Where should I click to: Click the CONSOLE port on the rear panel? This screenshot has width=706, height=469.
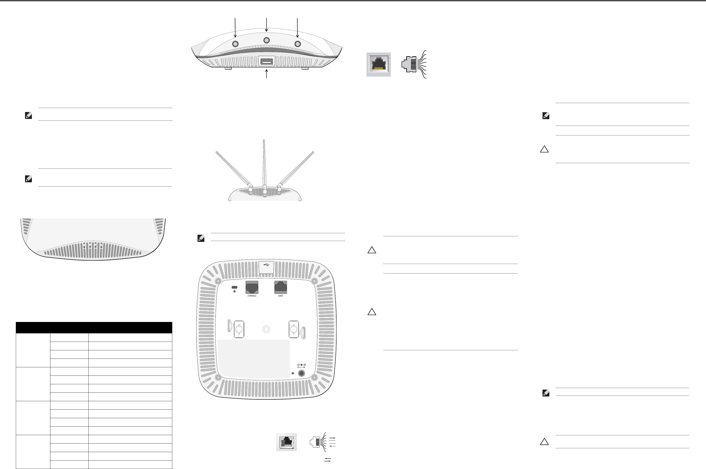(252, 287)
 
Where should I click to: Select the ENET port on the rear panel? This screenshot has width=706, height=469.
(281, 287)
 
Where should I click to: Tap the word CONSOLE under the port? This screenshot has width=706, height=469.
(252, 296)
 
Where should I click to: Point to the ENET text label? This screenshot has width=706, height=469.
(281, 296)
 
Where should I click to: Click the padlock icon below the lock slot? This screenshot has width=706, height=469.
(234, 291)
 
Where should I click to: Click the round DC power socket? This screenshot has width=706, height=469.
(302, 373)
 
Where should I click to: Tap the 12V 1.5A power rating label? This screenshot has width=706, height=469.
(301, 367)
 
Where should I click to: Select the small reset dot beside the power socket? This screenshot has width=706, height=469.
(293, 373)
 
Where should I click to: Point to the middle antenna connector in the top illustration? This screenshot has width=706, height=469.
(267, 40)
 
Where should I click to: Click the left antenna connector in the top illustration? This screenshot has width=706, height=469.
(235, 44)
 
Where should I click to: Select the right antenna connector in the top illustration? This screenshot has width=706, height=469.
(298, 44)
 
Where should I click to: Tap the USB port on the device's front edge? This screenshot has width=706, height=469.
(267, 62)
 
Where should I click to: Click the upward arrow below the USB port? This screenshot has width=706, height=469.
(267, 73)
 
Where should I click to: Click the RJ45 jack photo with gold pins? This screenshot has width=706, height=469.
(379, 64)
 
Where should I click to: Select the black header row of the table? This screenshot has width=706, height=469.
(94, 328)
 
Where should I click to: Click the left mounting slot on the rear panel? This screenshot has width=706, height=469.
(238, 329)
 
